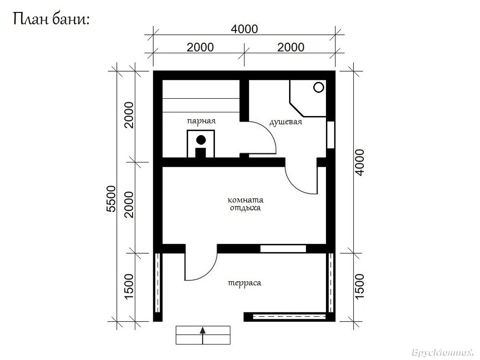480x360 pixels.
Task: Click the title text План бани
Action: point(51,19)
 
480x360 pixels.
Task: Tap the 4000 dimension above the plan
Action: point(244,29)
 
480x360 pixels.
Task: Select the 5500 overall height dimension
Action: point(111,199)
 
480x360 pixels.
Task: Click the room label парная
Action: point(201,121)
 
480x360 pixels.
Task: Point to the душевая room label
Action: point(286,122)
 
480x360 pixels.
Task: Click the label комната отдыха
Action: point(245,204)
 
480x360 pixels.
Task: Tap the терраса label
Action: point(244,283)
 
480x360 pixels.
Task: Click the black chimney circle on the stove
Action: point(201,140)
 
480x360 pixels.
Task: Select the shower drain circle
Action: point(318,87)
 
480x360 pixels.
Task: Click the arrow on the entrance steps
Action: point(203,336)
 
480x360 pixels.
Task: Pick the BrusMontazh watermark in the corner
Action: point(443,352)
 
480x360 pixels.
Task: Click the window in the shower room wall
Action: point(331,135)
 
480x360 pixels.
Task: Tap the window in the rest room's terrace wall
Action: point(283,249)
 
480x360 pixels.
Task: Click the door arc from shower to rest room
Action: point(294,186)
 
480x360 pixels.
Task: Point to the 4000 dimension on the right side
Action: point(360,162)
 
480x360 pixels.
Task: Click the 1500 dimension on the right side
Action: point(360,286)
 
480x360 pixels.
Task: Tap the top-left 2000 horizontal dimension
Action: point(200,48)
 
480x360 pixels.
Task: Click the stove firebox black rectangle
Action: point(200,152)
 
